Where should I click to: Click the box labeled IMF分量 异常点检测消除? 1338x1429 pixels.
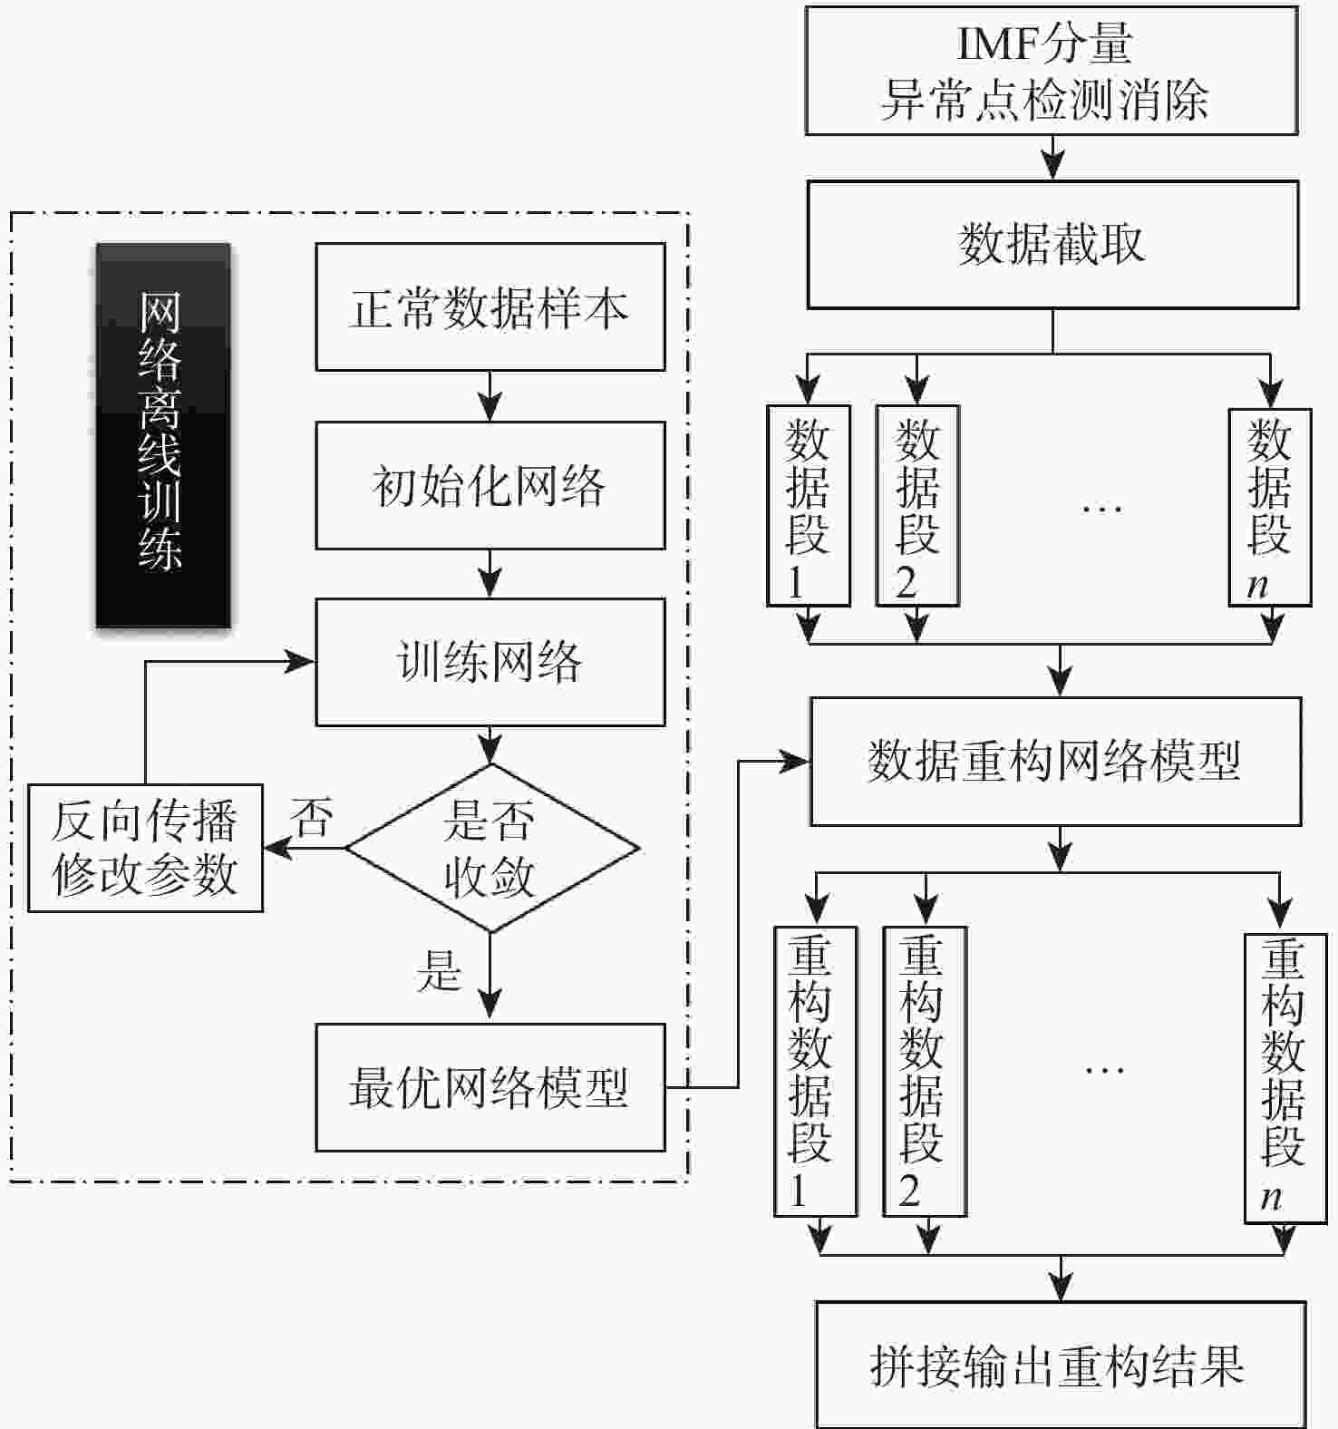(1052, 71)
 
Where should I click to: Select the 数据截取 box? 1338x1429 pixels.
(1052, 244)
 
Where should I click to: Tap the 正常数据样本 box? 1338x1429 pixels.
(490, 306)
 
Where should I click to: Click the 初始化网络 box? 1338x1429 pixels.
(490, 485)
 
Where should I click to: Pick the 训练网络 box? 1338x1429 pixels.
(490, 662)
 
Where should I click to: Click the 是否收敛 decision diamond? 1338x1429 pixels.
(490, 849)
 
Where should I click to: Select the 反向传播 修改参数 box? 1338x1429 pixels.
(145, 848)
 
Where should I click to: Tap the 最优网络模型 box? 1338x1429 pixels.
(490, 1087)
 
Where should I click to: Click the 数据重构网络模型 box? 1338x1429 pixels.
(1055, 761)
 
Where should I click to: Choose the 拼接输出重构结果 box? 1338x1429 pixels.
(1060, 1365)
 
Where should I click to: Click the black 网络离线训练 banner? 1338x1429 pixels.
(162, 434)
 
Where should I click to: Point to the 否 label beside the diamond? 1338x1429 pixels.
(311, 817)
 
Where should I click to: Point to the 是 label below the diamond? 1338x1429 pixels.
(439, 970)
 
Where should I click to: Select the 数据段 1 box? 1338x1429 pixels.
(808, 505)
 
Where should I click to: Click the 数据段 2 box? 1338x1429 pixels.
(916, 505)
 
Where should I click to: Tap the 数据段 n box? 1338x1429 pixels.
(1269, 507)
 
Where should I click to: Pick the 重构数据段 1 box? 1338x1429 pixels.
(815, 1071)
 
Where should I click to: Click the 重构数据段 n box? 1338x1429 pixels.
(1285, 1078)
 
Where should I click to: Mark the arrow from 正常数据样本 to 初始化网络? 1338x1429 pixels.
(490, 396)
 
